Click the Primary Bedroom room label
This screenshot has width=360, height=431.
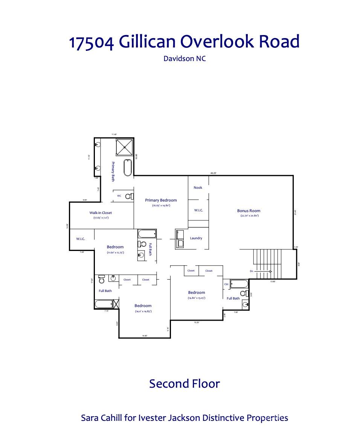[x=161, y=200]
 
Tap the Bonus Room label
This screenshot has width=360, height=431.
[x=249, y=211]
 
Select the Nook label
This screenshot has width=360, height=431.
[x=198, y=188]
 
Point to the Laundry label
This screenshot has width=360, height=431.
[x=196, y=238]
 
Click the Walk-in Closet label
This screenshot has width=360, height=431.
[x=101, y=213]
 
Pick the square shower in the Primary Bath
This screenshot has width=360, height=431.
[x=125, y=147]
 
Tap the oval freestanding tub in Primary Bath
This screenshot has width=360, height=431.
[x=128, y=168]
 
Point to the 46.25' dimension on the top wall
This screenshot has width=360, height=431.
[x=214, y=173]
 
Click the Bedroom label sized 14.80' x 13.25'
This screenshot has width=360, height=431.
[x=197, y=292]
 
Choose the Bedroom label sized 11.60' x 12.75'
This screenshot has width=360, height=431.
[x=115, y=247]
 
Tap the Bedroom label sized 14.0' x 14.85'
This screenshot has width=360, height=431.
[x=143, y=306]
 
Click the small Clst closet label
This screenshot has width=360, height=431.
[x=226, y=284]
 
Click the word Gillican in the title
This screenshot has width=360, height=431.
[x=149, y=41]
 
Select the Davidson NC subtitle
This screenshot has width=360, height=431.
[x=185, y=58]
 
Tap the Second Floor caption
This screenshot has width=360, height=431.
[x=184, y=384]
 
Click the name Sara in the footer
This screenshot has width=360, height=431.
[x=90, y=418]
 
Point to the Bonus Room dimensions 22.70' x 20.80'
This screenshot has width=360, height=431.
[x=249, y=216]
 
